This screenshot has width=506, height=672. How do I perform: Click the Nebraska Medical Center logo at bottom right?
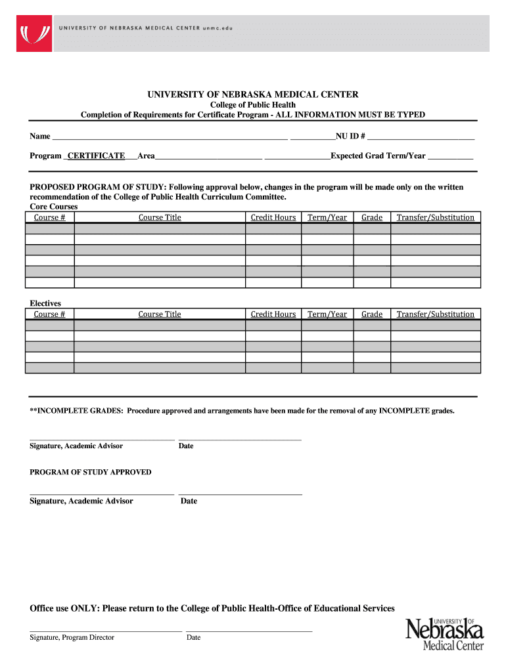click(445, 633)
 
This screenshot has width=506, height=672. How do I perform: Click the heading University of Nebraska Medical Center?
click(252, 94)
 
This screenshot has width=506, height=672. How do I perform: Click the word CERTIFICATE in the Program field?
click(97, 156)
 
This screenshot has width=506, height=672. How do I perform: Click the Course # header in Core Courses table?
click(49, 217)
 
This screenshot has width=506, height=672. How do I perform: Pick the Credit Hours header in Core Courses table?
click(273, 217)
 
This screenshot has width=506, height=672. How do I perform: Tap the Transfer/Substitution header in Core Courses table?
click(435, 217)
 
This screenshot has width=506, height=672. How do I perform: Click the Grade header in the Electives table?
click(372, 314)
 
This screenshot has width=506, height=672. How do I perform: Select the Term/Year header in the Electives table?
click(327, 314)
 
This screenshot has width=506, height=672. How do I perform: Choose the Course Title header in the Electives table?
click(160, 314)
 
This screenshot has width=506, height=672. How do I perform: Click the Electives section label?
click(45, 303)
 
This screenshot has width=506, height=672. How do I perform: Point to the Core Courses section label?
click(54, 206)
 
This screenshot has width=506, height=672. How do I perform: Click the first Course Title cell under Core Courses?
click(160, 229)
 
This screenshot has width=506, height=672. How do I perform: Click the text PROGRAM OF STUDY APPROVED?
click(91, 472)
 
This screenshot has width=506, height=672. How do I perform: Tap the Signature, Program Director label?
click(72, 637)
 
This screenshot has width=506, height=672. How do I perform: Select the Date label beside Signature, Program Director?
click(193, 637)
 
